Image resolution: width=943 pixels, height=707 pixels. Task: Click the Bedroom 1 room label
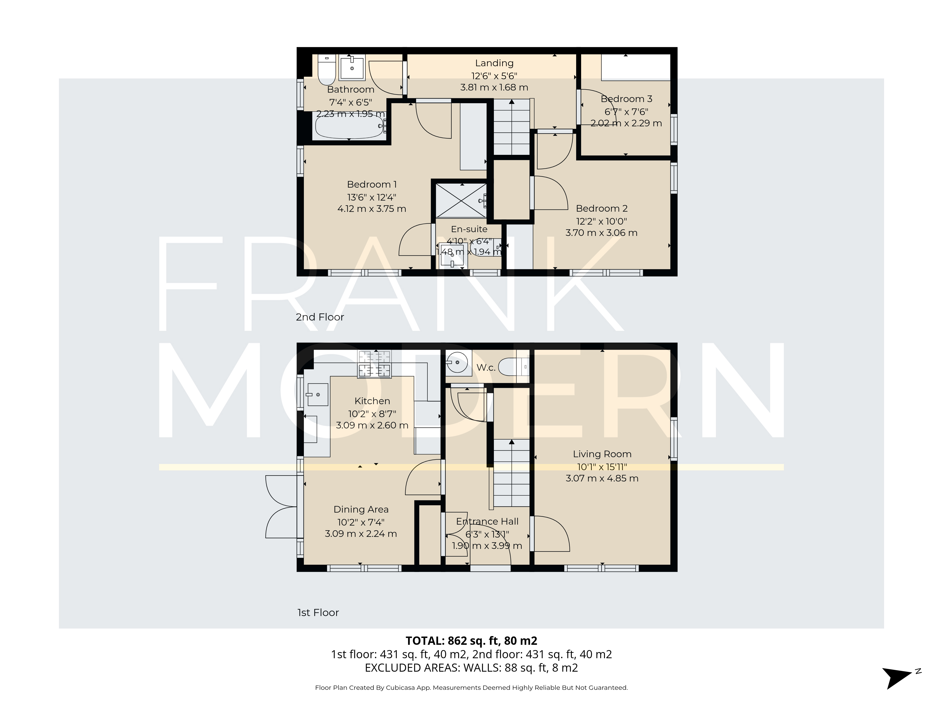pyautogui.click(x=372, y=185)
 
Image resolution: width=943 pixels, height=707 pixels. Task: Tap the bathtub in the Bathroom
pyautogui.click(x=348, y=127)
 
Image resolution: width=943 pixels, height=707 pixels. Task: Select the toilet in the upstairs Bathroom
pyautogui.click(x=327, y=72)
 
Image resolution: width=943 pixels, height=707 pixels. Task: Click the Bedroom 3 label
pyautogui.click(x=626, y=99)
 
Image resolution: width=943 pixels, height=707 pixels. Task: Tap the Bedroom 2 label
pyautogui.click(x=602, y=208)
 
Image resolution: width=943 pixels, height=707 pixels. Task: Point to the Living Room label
pyautogui.click(x=602, y=454)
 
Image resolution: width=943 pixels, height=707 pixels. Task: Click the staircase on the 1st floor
pyautogui.click(x=511, y=473)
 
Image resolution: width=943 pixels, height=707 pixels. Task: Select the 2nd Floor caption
pyautogui.click(x=320, y=317)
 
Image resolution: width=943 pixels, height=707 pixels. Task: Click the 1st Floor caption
pyautogui.click(x=318, y=613)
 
